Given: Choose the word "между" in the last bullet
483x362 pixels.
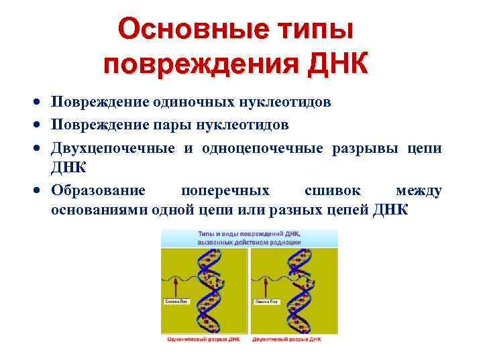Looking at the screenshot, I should (x=419, y=191).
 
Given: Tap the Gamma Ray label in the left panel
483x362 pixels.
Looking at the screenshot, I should (x=176, y=302).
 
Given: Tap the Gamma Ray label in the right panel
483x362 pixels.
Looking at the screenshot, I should (x=265, y=302).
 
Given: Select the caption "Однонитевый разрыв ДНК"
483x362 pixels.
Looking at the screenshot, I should (x=205, y=340).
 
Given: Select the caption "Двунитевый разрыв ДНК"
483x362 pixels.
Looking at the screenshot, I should (x=292, y=340).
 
